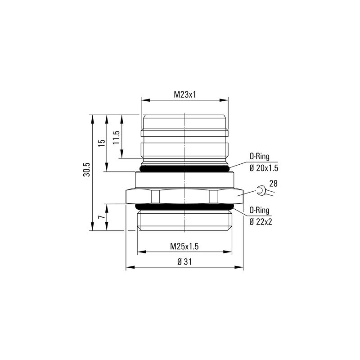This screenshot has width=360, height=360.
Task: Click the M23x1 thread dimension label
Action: (x=185, y=94)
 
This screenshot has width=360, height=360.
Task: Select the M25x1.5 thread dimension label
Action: (x=184, y=246)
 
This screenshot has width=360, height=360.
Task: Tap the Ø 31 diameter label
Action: (x=184, y=262)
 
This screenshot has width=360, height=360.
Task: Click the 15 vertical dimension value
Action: (x=102, y=142)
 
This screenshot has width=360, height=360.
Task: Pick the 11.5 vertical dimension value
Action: (x=117, y=137)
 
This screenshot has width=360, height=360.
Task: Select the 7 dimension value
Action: (x=102, y=217)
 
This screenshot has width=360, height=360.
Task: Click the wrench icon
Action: (x=261, y=192)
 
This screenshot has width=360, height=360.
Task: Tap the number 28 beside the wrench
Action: (x=273, y=183)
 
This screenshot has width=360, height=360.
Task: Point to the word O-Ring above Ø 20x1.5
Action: (x=260, y=157)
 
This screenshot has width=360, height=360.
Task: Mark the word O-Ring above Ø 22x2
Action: (x=260, y=209)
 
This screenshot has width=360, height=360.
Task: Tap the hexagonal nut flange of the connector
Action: (x=185, y=196)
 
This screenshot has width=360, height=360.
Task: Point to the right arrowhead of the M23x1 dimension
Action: (x=226, y=100)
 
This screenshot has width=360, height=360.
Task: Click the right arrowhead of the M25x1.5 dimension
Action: (x=230, y=252)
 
